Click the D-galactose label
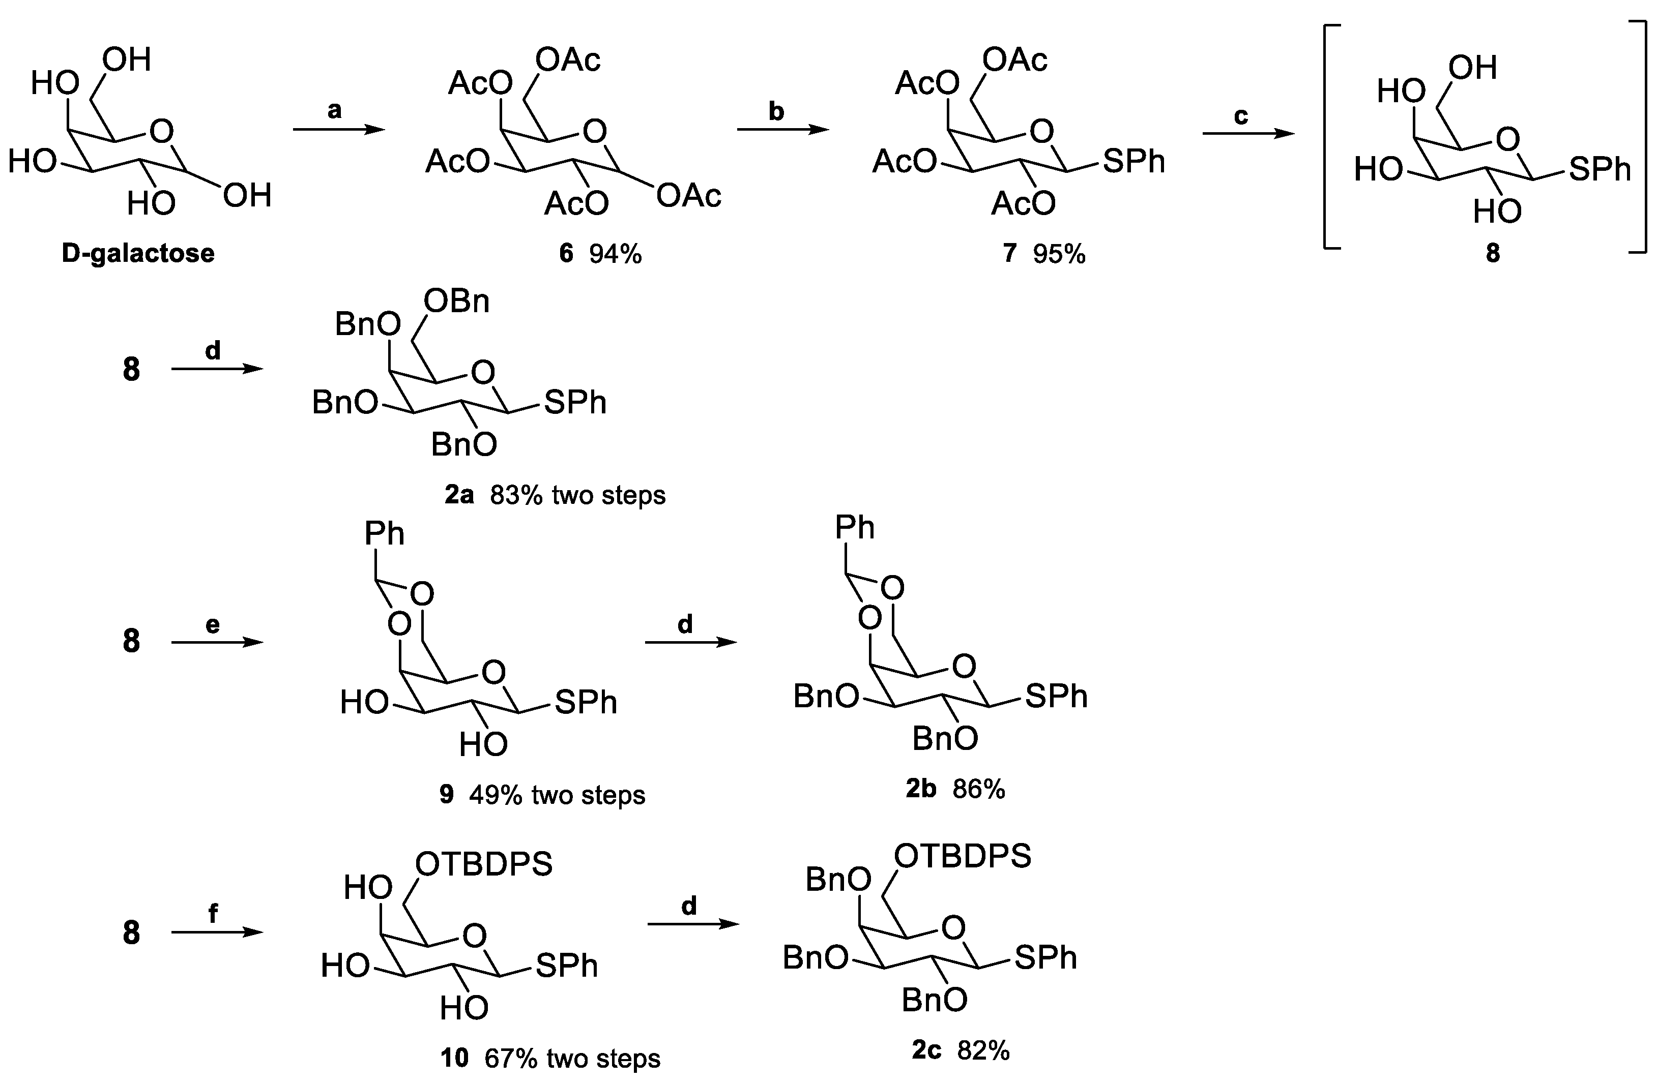pyautogui.click(x=138, y=253)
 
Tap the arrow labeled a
pyautogui.click(x=338, y=130)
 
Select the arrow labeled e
pyautogui.click(x=217, y=642)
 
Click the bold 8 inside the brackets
pyautogui.click(x=1493, y=253)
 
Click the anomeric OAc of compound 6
pyautogui.click(x=688, y=197)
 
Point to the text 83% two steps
pyautogui.click(x=577, y=495)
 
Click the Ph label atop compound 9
pyautogui.click(x=384, y=534)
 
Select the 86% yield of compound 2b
pyautogui.click(x=979, y=789)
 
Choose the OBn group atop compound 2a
pyautogui.click(x=457, y=302)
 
